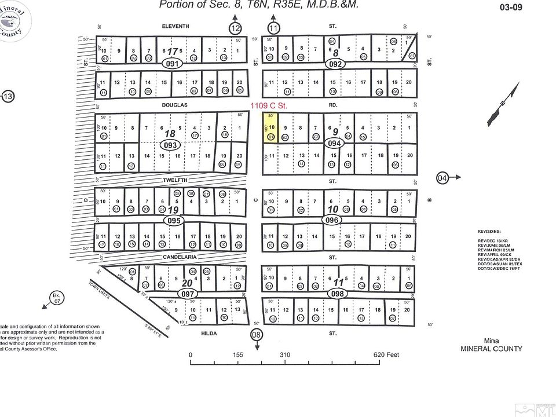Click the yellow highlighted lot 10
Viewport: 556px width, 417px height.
click(x=270, y=127)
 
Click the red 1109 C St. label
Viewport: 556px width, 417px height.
click(x=269, y=106)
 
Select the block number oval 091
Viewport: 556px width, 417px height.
click(x=173, y=64)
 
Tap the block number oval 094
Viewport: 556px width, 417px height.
click(x=334, y=142)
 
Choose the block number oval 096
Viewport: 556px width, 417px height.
click(x=331, y=220)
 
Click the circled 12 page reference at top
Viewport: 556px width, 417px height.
click(x=235, y=28)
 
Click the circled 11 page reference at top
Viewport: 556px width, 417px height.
click(x=274, y=28)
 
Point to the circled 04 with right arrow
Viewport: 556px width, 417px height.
click(x=443, y=177)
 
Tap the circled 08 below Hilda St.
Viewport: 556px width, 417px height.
click(x=257, y=335)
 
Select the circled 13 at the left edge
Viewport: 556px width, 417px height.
click(x=8, y=97)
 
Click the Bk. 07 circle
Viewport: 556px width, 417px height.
click(x=56, y=298)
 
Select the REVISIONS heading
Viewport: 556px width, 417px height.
click(x=490, y=231)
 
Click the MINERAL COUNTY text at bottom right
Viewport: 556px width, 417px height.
click(x=491, y=349)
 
